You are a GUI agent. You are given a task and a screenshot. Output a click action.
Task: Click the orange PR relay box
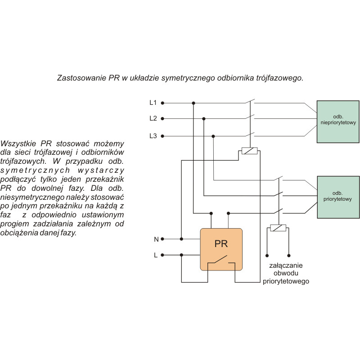[x=221, y=249]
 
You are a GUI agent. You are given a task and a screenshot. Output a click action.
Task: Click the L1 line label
[x=153, y=103]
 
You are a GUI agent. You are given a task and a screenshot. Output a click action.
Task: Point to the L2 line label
[x=153, y=119]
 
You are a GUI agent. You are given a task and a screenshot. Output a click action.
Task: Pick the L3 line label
[x=153, y=135]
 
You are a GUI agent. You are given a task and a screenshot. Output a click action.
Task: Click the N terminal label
[x=156, y=239]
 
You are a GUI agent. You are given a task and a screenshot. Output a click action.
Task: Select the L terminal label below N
[x=156, y=255]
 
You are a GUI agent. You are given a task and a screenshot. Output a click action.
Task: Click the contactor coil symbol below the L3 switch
[x=249, y=151]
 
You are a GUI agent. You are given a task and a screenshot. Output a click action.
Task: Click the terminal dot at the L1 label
[x=162, y=103]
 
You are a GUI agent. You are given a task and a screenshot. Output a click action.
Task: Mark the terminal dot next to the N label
[x=162, y=239]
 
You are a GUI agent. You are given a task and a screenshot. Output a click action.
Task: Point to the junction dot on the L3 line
[x=213, y=135]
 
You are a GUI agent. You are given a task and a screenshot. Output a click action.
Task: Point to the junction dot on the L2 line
[x=204, y=119]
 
